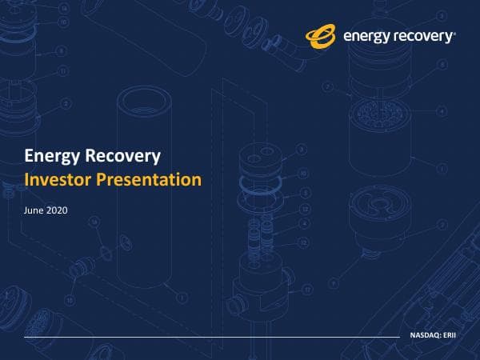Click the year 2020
[x=58, y=210]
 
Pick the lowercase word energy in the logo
[x=366, y=36]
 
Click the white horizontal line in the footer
[x=208, y=337]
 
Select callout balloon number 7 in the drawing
[x=327, y=86]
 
